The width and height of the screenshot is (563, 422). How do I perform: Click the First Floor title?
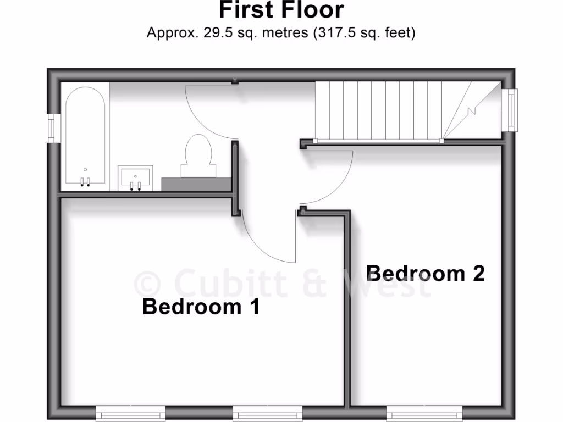(x=281, y=10)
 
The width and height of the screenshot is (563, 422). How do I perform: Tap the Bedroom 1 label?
(x=201, y=307)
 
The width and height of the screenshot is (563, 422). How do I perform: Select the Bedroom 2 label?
(x=426, y=273)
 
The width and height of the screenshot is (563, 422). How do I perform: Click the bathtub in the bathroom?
(x=85, y=137)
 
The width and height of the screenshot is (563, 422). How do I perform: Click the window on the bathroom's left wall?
(x=53, y=128)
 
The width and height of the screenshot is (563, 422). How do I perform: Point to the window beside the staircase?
(x=511, y=110)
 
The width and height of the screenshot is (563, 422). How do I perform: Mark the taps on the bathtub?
(x=85, y=182)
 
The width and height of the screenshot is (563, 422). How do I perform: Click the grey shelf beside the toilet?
(x=196, y=184)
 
